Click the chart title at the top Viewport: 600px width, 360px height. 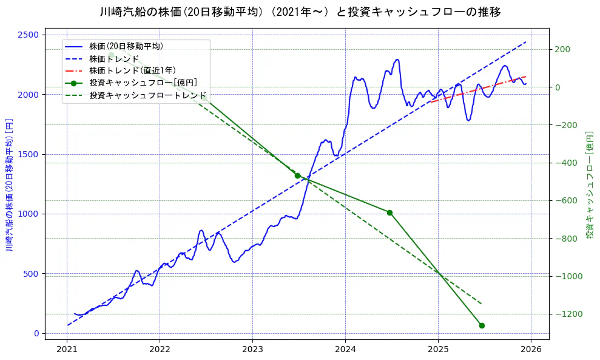(300, 12)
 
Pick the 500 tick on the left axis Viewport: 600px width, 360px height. (32, 274)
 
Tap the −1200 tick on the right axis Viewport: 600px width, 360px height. (568, 314)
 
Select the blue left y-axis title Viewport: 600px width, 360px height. (9, 185)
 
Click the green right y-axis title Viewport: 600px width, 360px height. (590, 185)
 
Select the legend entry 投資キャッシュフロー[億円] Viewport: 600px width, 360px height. (143, 83)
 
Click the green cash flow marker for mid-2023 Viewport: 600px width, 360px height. (297, 175)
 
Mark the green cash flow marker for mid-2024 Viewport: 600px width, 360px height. (389, 212)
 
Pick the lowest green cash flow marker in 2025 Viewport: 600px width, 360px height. (482, 325)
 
